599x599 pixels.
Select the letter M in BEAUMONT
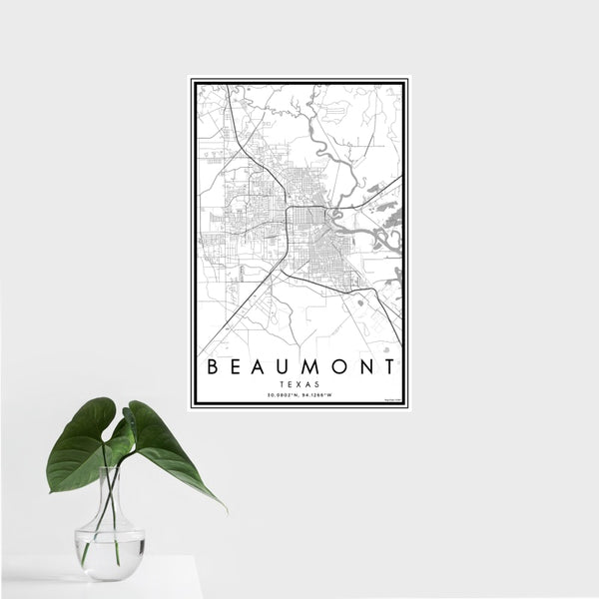click(313, 366)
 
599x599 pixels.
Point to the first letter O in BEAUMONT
click(340, 366)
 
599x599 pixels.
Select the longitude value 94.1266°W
click(320, 394)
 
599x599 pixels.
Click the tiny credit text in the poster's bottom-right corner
click(396, 400)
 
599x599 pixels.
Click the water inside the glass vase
click(109, 554)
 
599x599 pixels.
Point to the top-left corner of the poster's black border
click(193, 80)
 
